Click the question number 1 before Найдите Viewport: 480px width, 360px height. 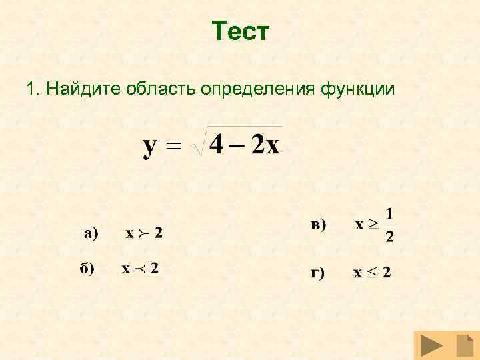(x=31, y=89)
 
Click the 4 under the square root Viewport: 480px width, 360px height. (x=215, y=145)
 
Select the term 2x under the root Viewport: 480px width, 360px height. (x=265, y=145)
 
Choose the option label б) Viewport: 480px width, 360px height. (x=87, y=268)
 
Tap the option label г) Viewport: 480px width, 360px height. (x=316, y=273)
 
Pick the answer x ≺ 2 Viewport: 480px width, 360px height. (x=139, y=269)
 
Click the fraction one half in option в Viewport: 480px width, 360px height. (x=389, y=225)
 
